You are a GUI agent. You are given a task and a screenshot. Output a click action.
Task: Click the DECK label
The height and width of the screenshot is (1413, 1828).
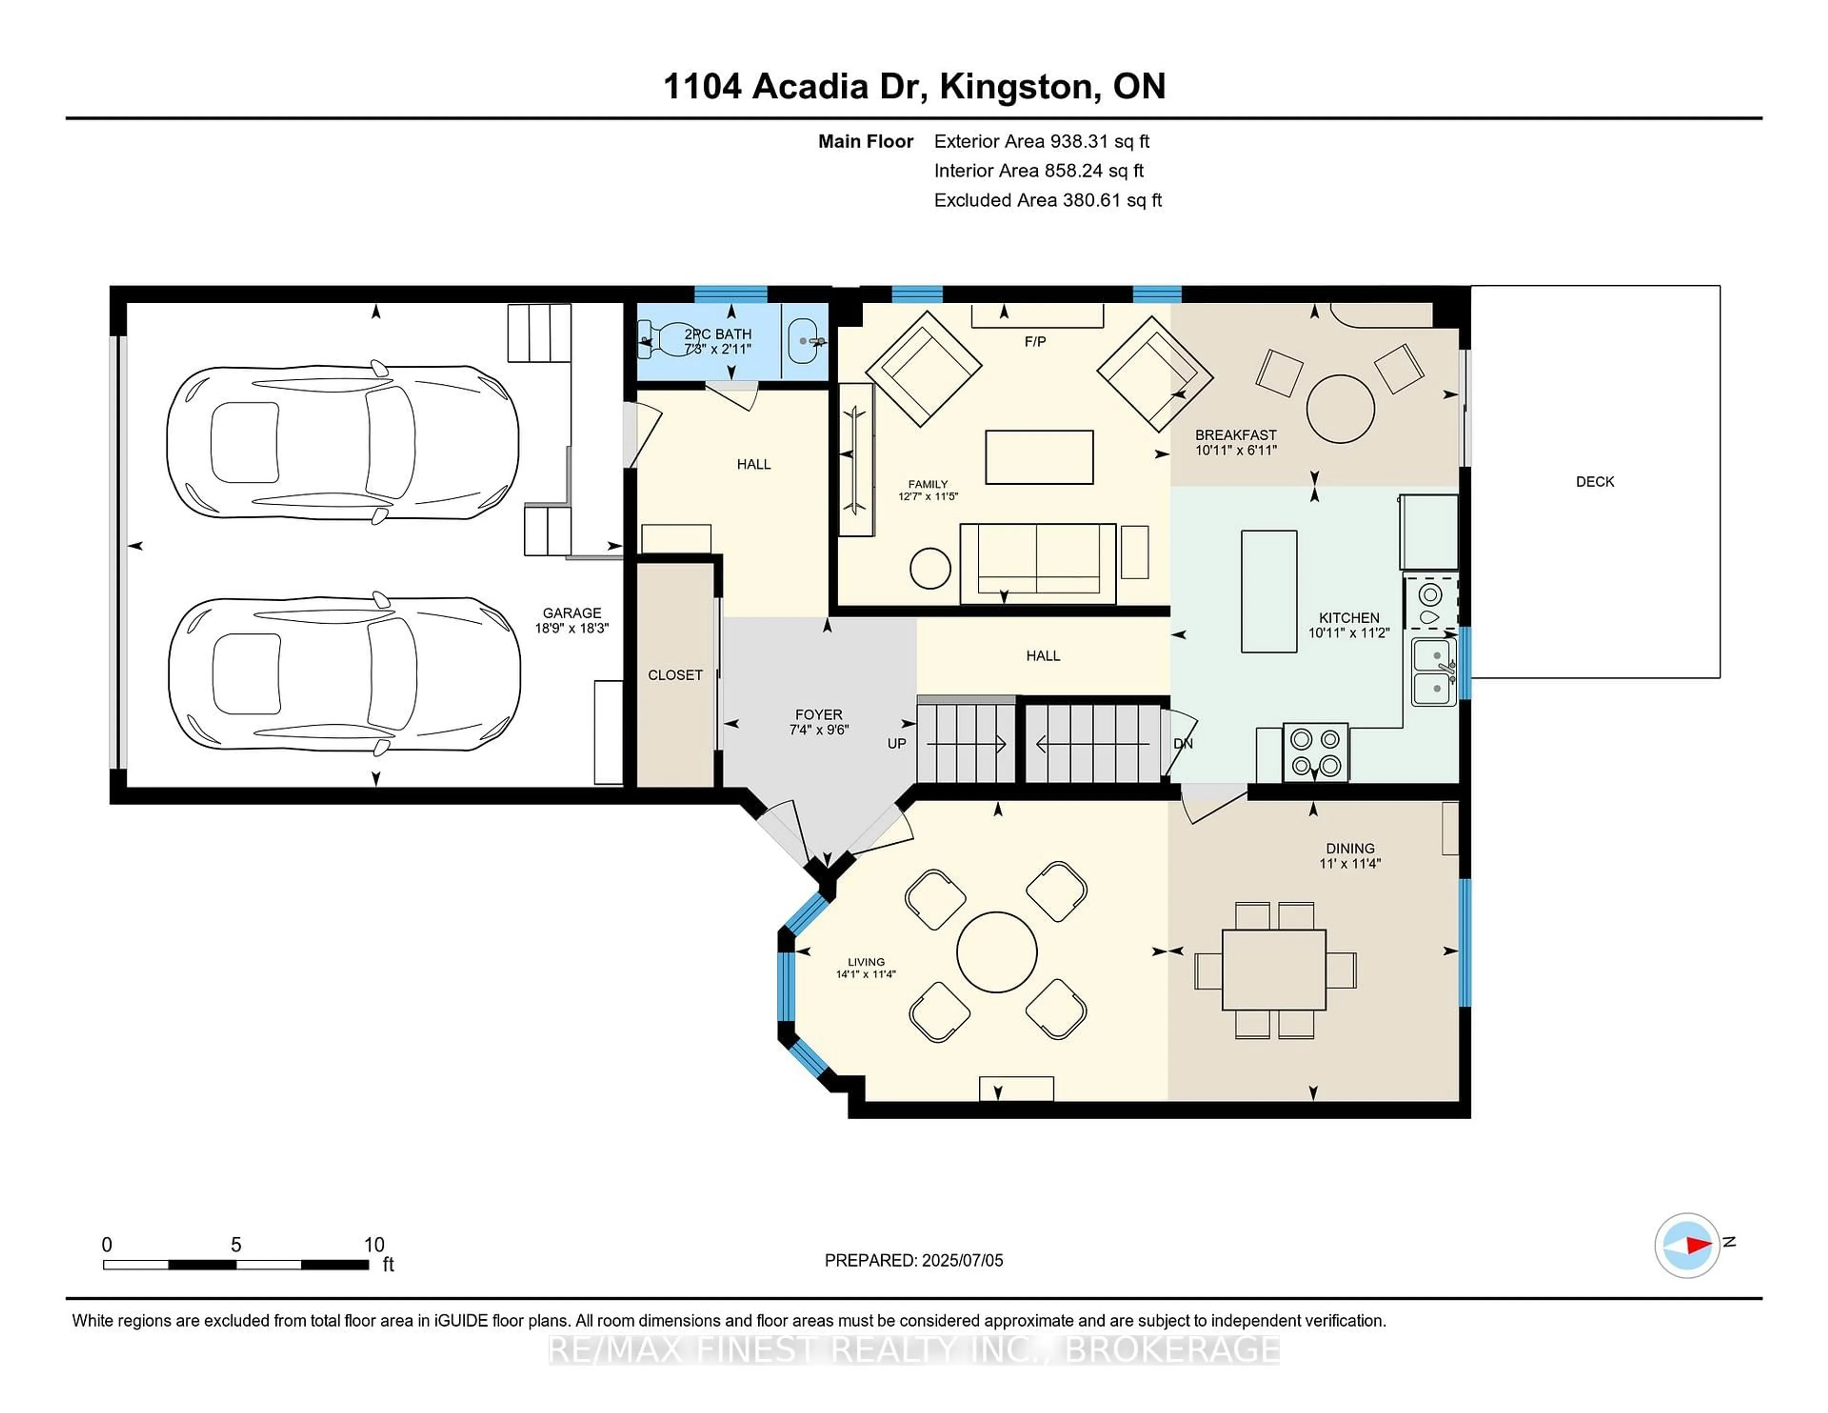[x=1594, y=481]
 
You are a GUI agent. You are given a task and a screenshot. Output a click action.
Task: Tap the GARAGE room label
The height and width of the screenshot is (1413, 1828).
[x=572, y=613]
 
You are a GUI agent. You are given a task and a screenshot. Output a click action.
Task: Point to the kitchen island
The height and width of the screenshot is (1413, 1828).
[x=1269, y=591]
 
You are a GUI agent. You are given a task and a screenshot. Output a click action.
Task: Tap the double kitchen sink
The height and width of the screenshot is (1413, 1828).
[x=1434, y=671]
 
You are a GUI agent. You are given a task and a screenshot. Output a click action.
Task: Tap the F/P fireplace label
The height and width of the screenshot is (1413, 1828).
[x=1034, y=341]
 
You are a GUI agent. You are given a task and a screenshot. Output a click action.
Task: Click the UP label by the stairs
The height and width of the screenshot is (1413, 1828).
[x=896, y=743]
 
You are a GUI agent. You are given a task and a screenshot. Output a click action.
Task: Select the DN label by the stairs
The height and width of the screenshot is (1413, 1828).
[x=1182, y=743]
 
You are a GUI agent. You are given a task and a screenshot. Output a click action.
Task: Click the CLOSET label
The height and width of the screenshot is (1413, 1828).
[x=675, y=675]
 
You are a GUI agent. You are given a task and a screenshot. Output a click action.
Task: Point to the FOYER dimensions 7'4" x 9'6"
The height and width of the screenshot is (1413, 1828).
[x=819, y=729]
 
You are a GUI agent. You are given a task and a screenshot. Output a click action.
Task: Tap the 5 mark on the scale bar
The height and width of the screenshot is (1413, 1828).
[x=236, y=1245]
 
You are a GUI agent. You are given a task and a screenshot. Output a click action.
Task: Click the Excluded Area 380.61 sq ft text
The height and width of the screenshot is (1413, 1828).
[x=1047, y=200]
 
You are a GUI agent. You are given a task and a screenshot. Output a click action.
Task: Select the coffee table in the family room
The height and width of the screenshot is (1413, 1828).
[x=1039, y=457]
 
